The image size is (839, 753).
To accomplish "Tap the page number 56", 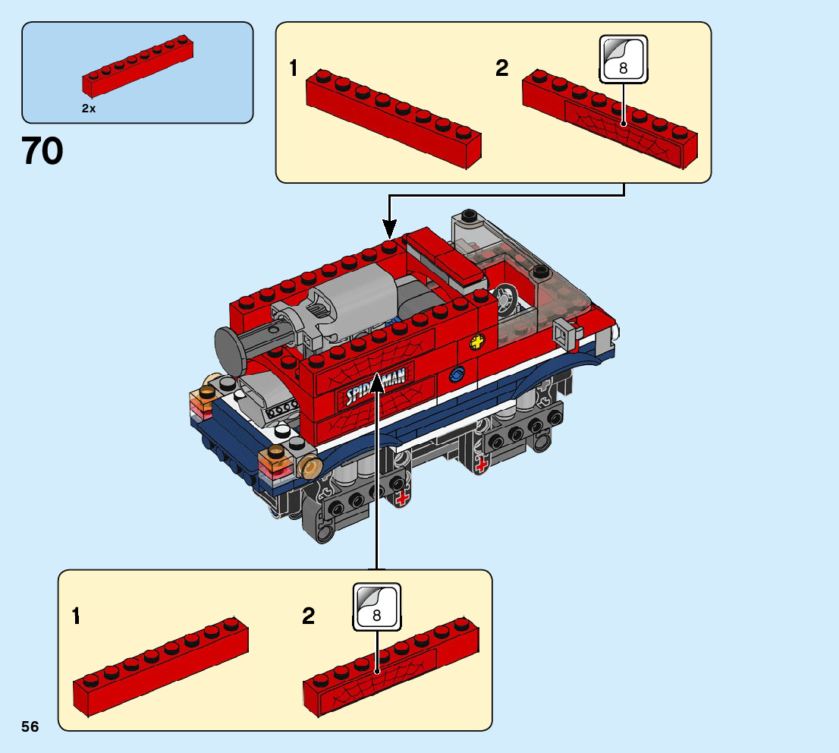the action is point(30,726).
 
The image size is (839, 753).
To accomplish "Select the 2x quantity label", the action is point(89,109).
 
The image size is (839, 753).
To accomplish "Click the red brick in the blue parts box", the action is point(137,66).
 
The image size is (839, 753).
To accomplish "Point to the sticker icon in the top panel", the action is point(624,59).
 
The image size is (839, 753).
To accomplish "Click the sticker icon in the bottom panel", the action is point(377,606).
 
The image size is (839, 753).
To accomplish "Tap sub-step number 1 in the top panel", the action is point(294,68).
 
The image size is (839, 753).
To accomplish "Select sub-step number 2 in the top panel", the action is point(501,68).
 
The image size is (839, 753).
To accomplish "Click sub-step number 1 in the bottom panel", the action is point(76,616).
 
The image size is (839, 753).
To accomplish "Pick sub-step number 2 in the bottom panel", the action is point(308,616).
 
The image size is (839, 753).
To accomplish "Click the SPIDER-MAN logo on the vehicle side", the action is point(375,385).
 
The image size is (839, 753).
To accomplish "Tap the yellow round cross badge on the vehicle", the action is point(477,342).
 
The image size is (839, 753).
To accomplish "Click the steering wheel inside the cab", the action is point(505,298).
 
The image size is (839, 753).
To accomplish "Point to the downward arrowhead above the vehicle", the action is point(390,229).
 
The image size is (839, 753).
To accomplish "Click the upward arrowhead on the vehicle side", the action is point(377,382).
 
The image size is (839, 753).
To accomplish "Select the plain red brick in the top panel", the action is point(393,118).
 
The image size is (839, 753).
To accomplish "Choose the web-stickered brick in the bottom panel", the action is point(391,666).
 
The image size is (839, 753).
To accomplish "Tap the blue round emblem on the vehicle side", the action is point(457,374).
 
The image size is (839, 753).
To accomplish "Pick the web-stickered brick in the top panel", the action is point(610,119).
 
